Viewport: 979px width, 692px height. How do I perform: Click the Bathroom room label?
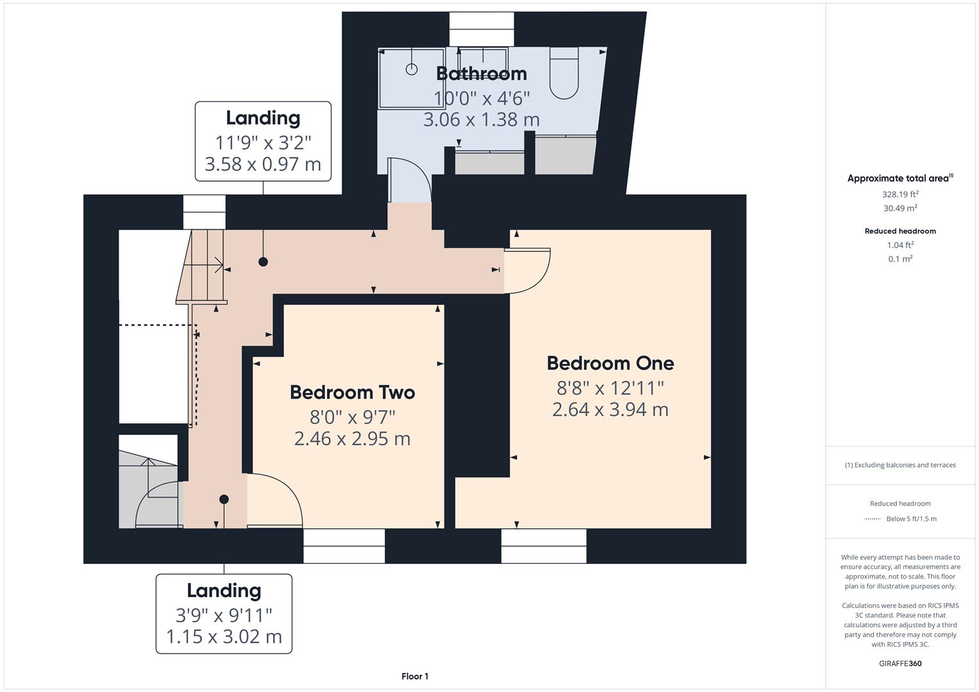tap(481, 74)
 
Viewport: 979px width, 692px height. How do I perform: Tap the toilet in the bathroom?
tap(564, 74)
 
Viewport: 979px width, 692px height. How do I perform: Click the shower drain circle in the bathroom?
tap(412, 69)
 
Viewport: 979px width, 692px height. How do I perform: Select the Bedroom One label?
tap(610, 363)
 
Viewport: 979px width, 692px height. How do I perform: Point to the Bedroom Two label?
tap(352, 392)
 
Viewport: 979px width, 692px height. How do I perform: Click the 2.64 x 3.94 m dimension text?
tap(610, 409)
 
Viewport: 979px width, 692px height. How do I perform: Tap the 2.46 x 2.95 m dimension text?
tap(352, 439)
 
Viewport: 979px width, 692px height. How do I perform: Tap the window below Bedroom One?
tap(544, 546)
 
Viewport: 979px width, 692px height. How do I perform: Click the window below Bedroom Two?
tap(344, 546)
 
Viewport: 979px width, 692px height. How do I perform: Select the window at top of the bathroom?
tap(481, 29)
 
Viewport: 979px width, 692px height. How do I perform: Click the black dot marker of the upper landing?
tap(263, 261)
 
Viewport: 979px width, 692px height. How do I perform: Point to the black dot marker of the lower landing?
tap(224, 499)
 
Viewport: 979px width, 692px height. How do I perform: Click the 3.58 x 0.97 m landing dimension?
tap(263, 165)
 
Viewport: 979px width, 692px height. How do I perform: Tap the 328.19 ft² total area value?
tap(900, 194)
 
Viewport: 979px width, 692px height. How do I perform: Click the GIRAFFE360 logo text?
tap(900, 663)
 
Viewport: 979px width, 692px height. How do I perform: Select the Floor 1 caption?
tap(415, 676)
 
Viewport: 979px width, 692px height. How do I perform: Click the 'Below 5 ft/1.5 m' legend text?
tap(911, 519)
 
